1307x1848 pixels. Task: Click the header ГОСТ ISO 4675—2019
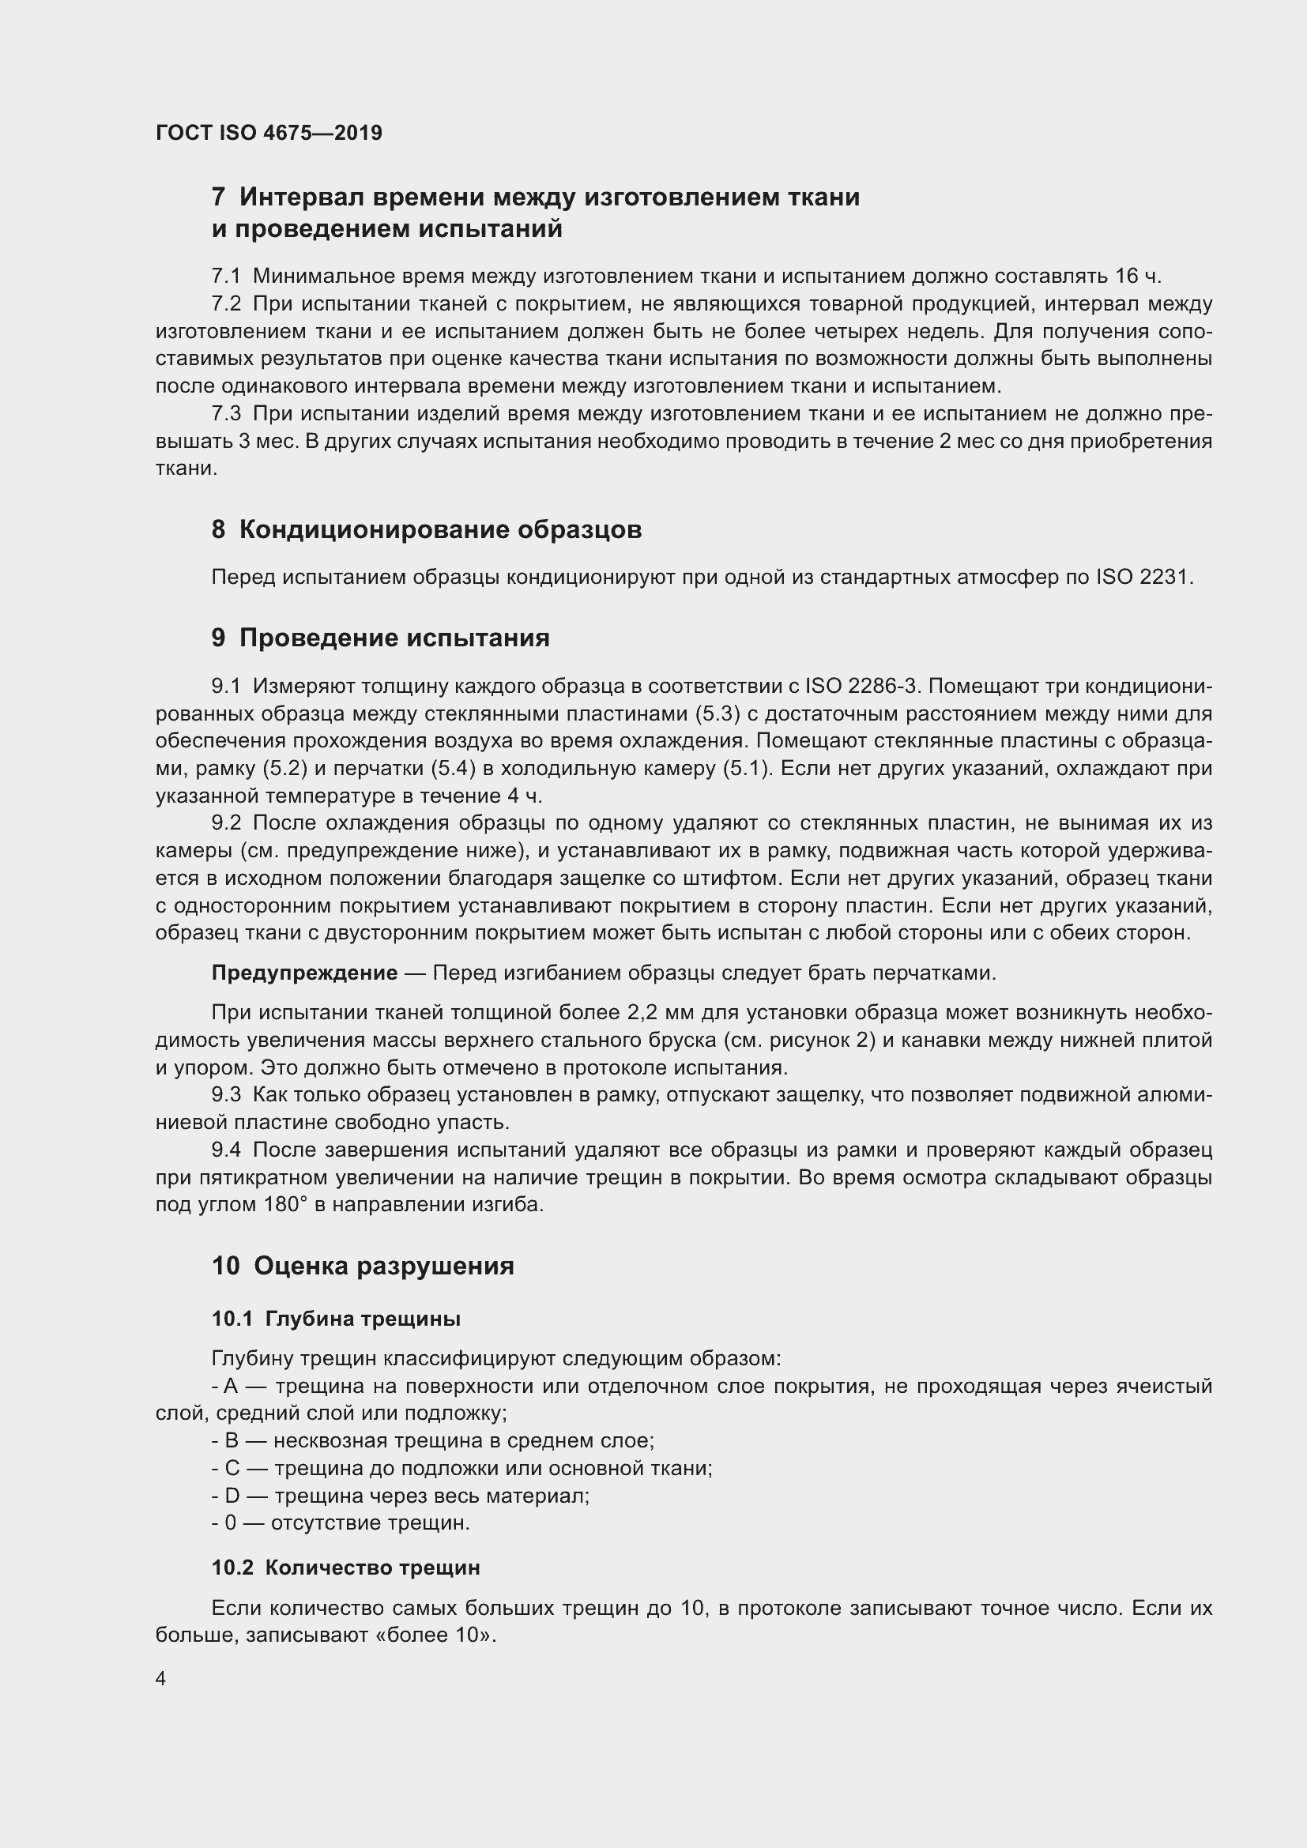click(x=269, y=133)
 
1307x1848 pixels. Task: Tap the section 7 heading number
click(x=218, y=198)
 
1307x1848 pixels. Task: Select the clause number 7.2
click(x=226, y=304)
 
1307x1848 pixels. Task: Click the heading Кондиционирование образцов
click(x=440, y=529)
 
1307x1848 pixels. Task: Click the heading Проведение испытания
click(x=394, y=638)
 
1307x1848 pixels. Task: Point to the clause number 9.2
click(x=226, y=822)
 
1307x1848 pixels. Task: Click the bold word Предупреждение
click(x=304, y=973)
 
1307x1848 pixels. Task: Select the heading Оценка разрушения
click(x=384, y=1266)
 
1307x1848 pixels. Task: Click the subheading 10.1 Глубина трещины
click(x=336, y=1319)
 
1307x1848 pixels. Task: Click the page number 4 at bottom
click(x=161, y=1679)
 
